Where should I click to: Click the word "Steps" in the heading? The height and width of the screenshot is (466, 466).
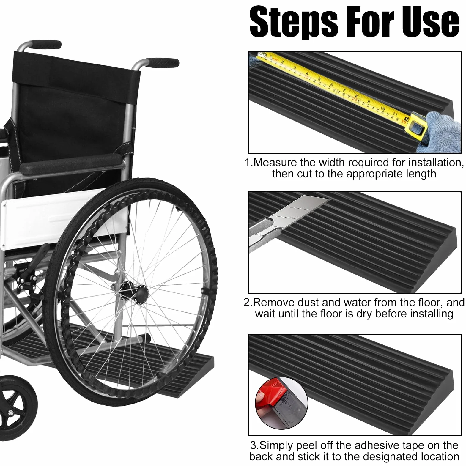(x=294, y=22)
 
